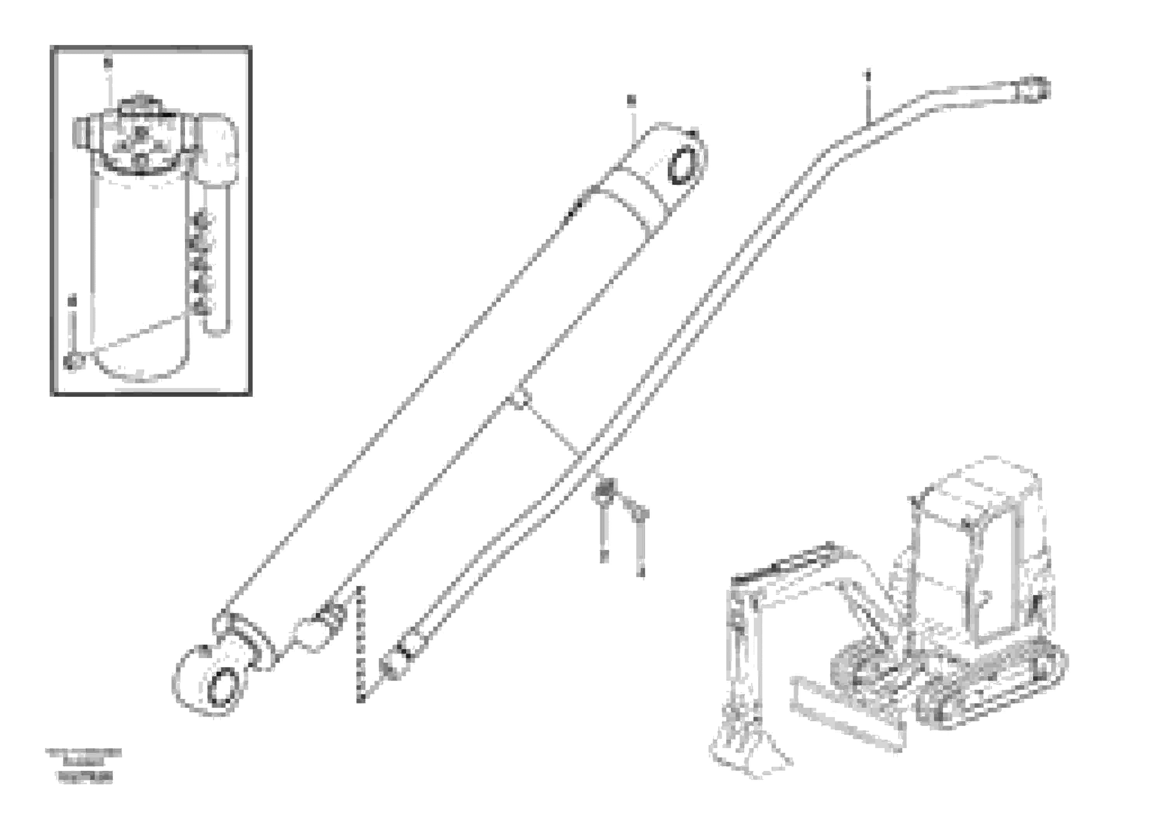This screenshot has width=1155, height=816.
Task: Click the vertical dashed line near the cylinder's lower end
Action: coord(360,644)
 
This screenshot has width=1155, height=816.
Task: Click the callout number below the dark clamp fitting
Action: coord(604,556)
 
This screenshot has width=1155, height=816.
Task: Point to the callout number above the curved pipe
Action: coord(867,76)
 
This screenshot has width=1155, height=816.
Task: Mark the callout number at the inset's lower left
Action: coord(73,301)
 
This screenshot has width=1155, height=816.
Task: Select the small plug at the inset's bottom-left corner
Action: coord(71,361)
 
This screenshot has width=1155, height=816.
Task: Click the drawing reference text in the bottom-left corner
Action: coord(83,765)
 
